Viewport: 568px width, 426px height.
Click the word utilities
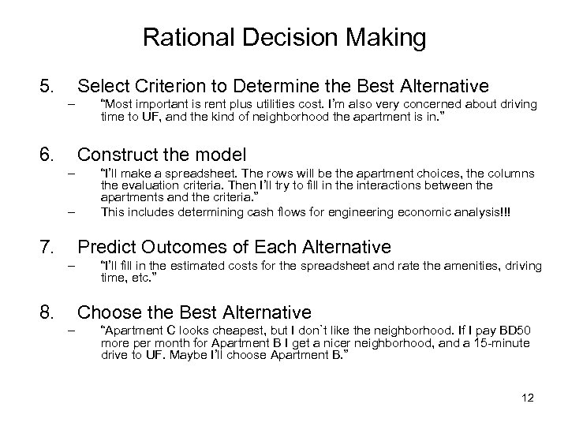(x=259, y=104)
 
